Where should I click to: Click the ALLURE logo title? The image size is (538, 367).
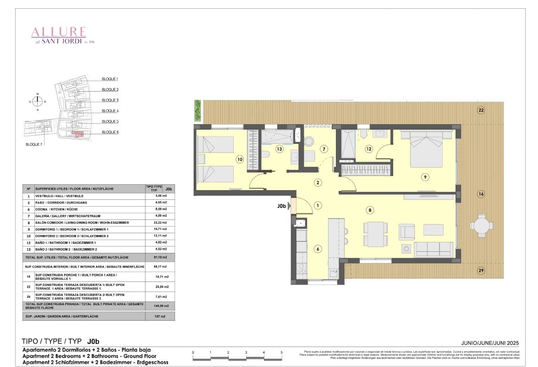pos(58,32)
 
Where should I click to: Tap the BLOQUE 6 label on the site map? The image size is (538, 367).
pos(110,132)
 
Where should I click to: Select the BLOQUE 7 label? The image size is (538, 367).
pos(34,144)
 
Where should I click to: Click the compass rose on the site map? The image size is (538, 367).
pos(38,102)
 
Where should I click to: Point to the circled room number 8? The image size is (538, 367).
pos(370,210)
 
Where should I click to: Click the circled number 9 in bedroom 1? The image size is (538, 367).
pos(425,176)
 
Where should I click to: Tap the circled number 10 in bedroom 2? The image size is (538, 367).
pos(239,159)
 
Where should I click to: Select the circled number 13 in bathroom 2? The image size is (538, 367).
pos(279,149)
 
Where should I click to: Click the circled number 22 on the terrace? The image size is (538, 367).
pos(481,110)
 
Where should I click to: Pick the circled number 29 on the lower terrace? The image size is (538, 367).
pos(481,271)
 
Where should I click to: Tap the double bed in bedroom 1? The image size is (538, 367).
pos(426,149)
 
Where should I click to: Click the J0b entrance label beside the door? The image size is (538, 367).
pos(281,206)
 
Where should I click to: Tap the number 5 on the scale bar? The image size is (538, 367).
pos(281,352)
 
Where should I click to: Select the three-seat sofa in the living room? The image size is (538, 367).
pos(433,249)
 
